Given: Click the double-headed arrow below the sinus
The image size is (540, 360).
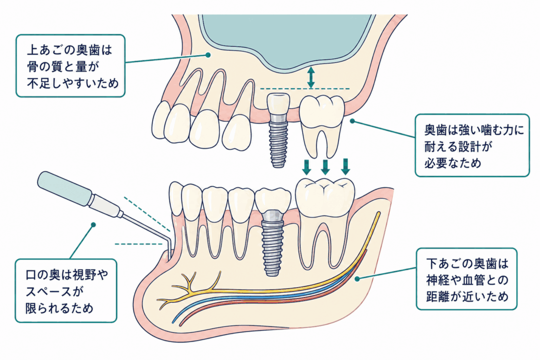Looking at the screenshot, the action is [311, 77].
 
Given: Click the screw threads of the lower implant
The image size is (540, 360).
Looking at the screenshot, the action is [272, 251].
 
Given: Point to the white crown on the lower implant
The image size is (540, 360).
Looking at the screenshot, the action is [273, 200].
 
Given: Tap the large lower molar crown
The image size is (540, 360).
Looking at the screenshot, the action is [325, 197].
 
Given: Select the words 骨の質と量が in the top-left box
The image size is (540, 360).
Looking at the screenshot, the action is [63, 67].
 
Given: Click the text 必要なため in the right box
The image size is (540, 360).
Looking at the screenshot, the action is [453, 163].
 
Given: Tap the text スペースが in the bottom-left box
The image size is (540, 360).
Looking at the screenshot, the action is [54, 291].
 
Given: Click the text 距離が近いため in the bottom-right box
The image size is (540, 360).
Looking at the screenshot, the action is [467, 297].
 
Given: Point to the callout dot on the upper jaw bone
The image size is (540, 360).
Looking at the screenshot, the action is [208, 55].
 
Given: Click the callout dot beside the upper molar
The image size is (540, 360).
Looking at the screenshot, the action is [353, 121].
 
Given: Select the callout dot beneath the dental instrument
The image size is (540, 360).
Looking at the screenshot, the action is [93, 225].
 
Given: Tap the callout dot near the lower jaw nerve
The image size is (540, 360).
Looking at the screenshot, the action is [357, 279].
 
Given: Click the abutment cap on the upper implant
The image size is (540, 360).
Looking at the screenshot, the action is [278, 104].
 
